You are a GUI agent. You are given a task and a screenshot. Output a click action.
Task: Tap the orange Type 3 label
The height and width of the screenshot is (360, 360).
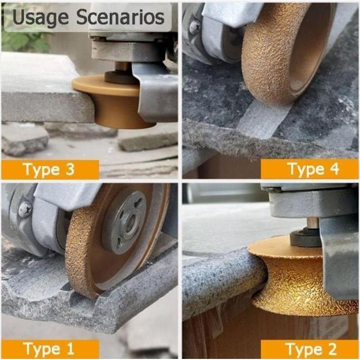point(50,169)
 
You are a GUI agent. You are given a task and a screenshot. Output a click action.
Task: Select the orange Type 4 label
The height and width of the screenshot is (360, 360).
point(310,169)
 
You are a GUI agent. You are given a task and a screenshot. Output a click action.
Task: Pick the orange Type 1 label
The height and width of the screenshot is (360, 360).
point(50,349)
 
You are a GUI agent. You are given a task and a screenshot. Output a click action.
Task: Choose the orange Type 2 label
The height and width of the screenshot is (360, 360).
point(310,349)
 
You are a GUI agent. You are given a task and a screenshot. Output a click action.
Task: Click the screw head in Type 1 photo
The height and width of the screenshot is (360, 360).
point(25,210)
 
